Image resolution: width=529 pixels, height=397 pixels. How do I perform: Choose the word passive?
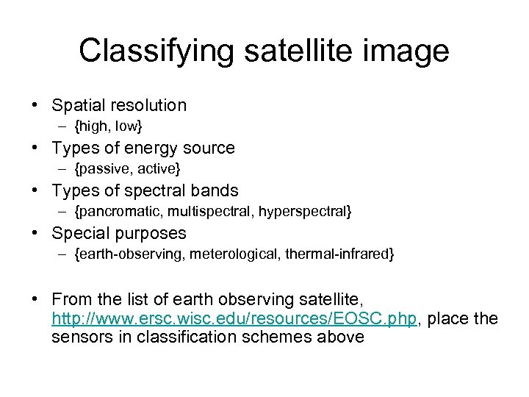tap(104, 170)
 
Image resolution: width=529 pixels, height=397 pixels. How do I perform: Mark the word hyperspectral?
tap(298, 212)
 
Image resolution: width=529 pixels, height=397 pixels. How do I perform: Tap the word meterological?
tap(237, 255)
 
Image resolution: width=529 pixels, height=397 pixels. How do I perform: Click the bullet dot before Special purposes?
tap(36, 234)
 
